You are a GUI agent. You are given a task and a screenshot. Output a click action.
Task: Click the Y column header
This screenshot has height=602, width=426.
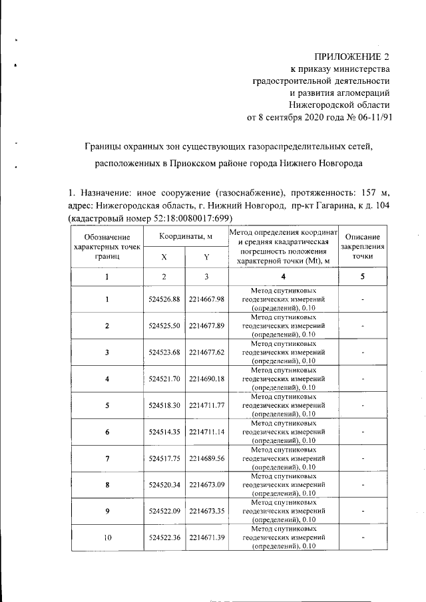[206, 256]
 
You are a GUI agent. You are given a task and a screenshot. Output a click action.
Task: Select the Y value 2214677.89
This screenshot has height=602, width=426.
[206, 326]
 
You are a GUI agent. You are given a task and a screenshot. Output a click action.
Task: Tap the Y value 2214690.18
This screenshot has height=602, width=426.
[206, 378]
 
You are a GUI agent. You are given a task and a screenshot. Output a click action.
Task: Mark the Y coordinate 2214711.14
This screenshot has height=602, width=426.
[206, 432]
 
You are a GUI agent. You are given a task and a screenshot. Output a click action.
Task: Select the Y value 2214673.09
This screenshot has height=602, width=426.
[206, 485]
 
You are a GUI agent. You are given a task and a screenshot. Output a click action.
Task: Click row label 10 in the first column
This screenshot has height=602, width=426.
[107, 537]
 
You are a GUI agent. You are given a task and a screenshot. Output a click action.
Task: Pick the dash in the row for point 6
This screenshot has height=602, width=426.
[363, 432]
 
